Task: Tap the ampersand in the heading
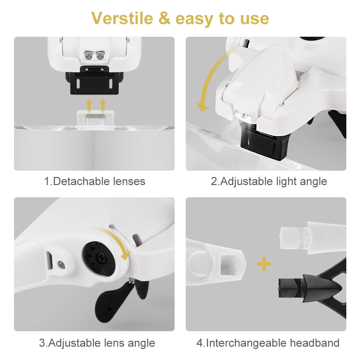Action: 164,18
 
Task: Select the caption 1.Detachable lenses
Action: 95,181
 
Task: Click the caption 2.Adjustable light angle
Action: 269,181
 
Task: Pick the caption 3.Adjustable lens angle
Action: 97,343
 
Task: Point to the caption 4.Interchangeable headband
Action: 268,343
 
